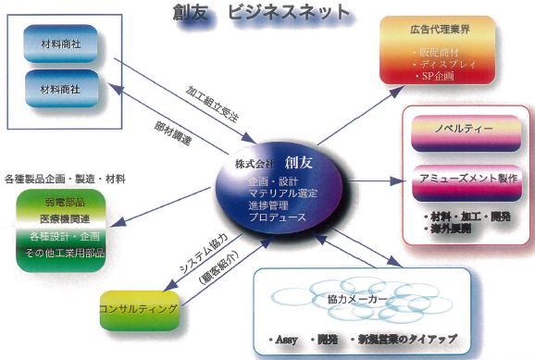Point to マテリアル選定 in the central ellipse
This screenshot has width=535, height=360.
284,192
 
